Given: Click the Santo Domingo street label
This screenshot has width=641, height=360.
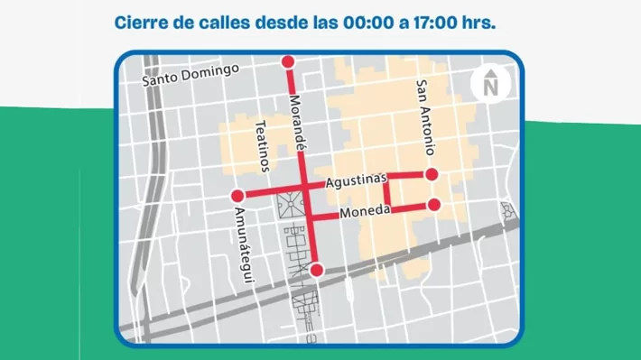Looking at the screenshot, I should tap(190, 76).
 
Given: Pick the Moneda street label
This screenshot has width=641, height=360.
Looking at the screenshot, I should tap(366, 211).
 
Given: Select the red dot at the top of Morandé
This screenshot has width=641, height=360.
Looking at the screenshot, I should tap(288, 62).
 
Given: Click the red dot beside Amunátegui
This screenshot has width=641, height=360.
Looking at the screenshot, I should tap(238, 196).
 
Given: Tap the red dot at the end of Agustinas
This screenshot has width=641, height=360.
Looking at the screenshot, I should tap(432, 174).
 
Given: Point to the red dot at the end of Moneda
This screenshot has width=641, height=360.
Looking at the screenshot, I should tap(433, 205).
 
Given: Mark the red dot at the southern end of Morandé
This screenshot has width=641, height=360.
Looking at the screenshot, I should tap(316, 270).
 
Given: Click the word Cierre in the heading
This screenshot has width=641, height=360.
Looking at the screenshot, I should tap(143, 23).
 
